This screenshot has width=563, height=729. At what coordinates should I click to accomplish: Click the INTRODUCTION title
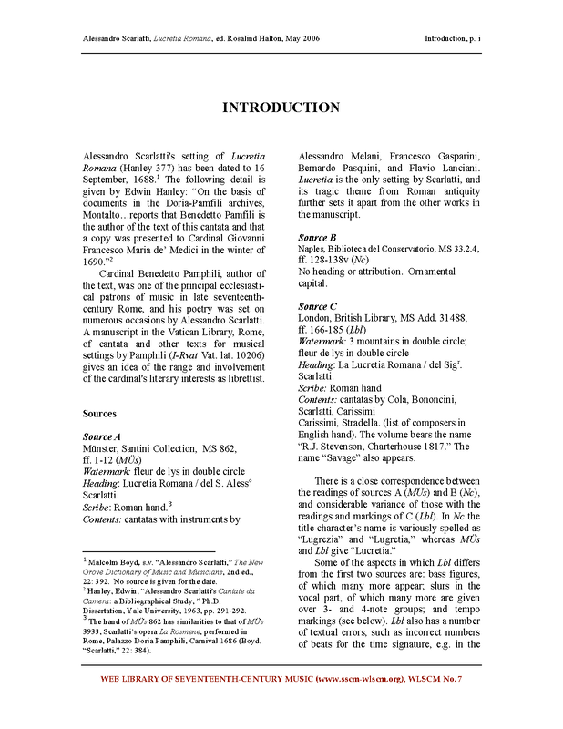281,108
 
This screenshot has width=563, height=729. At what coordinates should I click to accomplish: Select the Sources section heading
97,414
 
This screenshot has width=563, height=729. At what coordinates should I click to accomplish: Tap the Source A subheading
102,437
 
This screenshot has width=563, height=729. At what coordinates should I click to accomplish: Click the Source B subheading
318,237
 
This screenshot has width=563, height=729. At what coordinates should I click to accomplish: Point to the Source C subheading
319,307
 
